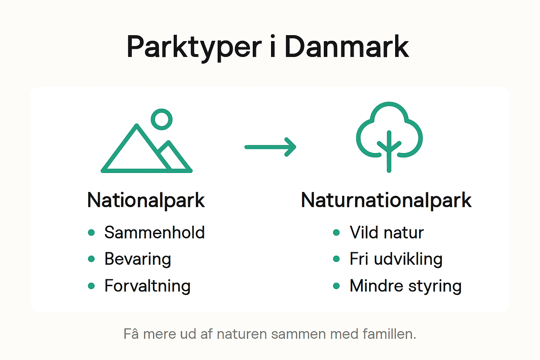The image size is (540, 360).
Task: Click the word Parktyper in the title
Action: tap(194, 47)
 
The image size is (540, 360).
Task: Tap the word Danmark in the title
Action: tap(346, 47)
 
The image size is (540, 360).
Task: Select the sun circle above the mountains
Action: tap(162, 119)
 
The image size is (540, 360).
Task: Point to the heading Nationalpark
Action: tap(146, 200)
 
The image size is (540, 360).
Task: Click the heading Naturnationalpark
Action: tap(386, 200)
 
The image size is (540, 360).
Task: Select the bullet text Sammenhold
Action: tap(154, 232)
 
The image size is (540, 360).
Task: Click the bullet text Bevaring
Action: tap(137, 259)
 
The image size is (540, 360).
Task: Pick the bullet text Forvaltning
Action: tap(147, 285)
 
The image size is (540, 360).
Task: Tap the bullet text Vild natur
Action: tap(386, 232)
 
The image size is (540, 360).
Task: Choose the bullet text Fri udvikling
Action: tap(396, 259)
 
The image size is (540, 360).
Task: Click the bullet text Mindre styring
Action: tap(405, 285)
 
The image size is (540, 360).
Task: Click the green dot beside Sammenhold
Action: tap(91, 232)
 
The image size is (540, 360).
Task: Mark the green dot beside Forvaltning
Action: tap(91, 286)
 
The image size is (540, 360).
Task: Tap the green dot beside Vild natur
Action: tap(336, 232)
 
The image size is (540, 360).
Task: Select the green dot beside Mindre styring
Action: tap(336, 286)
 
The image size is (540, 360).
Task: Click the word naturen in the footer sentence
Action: tap(242, 334)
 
